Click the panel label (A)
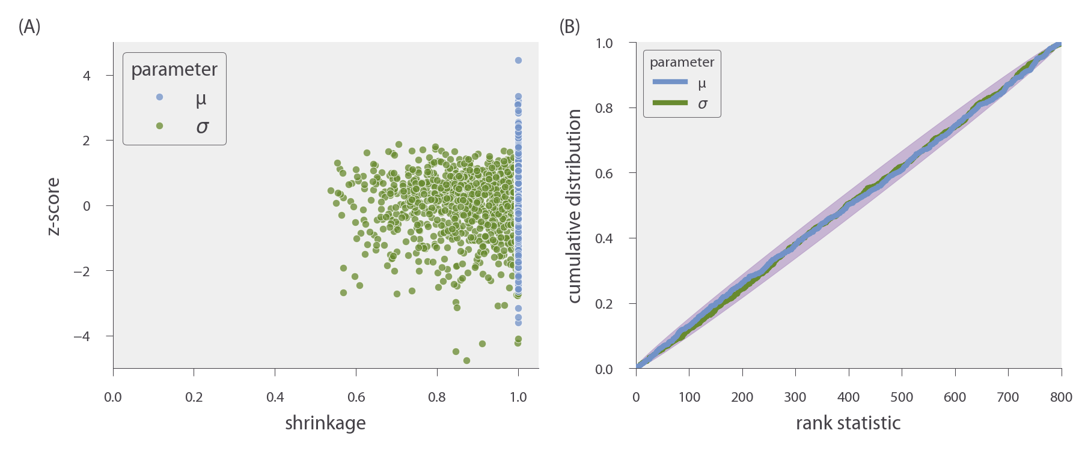point(29,26)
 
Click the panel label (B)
point(569,26)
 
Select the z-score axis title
point(53,206)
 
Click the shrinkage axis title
point(325,423)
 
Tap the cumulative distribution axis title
point(574,206)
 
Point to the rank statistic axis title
point(848,423)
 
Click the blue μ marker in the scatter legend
point(159,97)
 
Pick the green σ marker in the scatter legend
point(159,126)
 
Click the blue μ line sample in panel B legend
point(670,82)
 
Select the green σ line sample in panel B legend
point(670,103)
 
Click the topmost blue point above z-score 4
point(518,61)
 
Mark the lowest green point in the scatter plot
point(466,360)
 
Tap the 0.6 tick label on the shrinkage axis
point(356,397)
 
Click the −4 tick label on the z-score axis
point(82,336)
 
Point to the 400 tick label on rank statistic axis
point(848,397)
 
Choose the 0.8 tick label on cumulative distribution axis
point(604,108)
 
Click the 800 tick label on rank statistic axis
point(1061,397)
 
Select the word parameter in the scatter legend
point(174,70)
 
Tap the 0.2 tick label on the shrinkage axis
point(194,397)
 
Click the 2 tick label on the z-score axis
point(87,141)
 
